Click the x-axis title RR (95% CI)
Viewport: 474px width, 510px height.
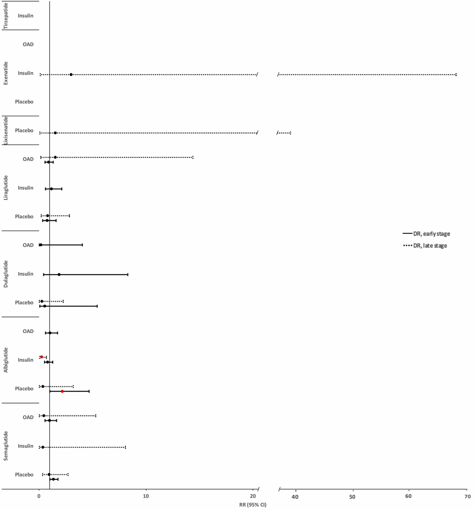pos(253,505)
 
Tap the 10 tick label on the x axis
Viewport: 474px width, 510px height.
pos(146,496)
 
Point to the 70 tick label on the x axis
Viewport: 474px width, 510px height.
pos(467,496)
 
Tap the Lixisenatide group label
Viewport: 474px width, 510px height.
pos(6,130)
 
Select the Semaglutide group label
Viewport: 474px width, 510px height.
pos(6,446)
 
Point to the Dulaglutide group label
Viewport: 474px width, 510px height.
pos(6,274)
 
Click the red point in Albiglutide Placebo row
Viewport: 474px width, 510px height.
pos(62,391)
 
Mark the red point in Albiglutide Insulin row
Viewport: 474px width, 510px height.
pos(42,357)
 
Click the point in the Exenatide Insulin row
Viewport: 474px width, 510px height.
pos(71,74)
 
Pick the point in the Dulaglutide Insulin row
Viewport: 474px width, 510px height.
pos(59,275)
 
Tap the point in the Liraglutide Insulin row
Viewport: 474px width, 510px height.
pos(51,189)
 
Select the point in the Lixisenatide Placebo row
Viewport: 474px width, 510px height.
pos(55,133)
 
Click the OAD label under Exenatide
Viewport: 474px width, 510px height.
pos(28,44)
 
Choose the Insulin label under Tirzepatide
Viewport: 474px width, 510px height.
pos(26,16)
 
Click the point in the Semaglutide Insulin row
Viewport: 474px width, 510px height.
pos(43,447)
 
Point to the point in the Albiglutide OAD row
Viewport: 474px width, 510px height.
pos(50,333)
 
